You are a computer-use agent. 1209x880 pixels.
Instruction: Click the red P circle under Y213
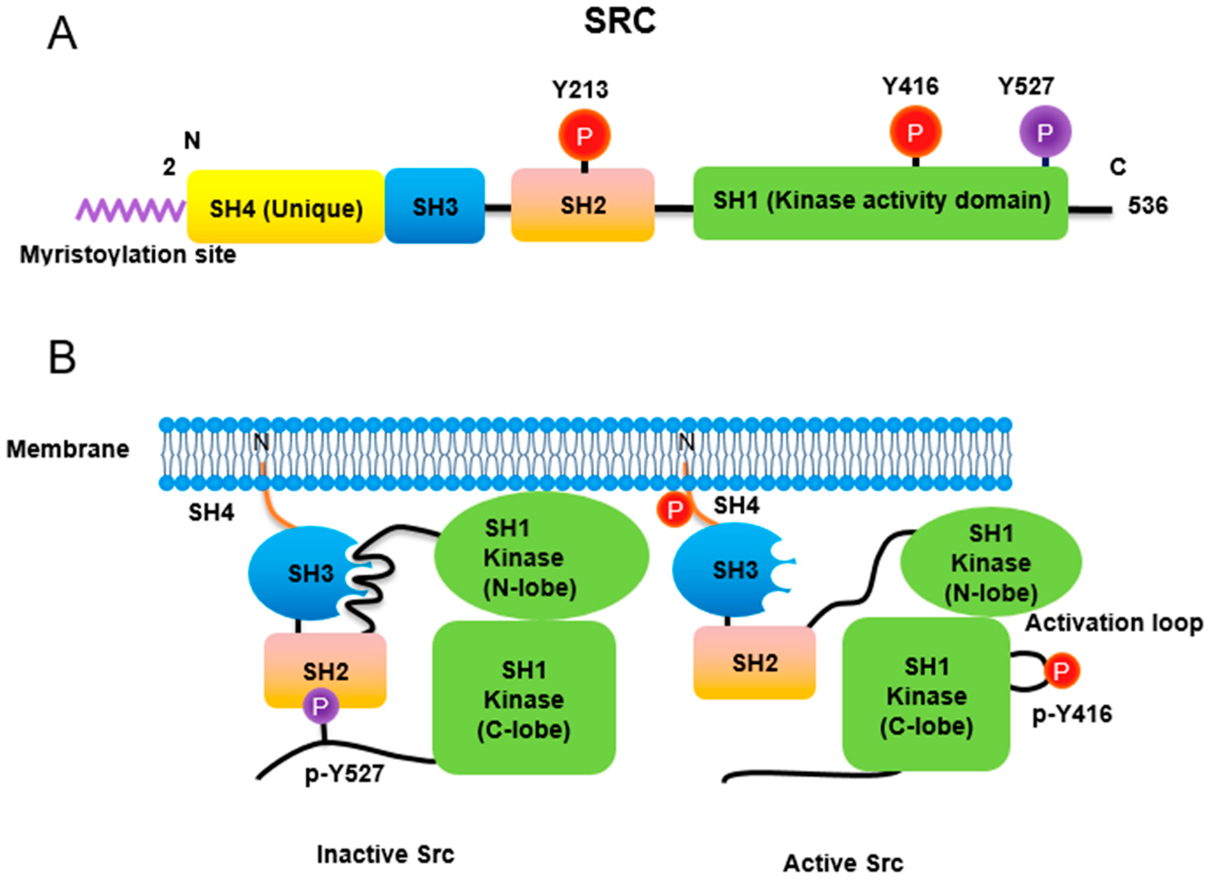(x=584, y=136)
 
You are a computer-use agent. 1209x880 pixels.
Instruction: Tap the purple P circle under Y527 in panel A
(x=1045, y=131)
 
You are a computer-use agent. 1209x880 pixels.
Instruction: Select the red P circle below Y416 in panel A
(x=915, y=131)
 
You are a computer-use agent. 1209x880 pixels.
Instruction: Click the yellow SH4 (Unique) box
(x=286, y=207)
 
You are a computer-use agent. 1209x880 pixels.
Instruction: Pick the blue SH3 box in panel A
(x=435, y=206)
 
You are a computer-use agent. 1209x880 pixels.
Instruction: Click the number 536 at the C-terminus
(x=1147, y=205)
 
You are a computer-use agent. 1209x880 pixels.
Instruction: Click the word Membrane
(x=68, y=449)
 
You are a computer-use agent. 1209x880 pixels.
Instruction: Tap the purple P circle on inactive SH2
(x=321, y=706)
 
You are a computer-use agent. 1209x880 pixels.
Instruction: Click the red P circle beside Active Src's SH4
(x=674, y=509)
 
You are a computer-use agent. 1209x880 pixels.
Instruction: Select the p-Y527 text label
(x=345, y=774)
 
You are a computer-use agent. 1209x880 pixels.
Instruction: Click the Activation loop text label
(x=1113, y=623)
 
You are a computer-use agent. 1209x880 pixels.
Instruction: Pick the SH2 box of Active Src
(x=754, y=663)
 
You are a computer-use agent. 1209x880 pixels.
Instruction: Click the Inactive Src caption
(x=385, y=854)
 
